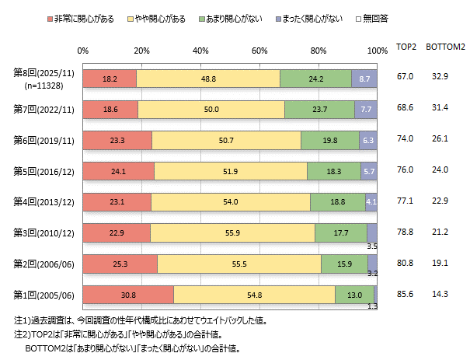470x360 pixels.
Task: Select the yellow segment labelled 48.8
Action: [208, 79]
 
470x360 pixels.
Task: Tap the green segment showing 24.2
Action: [315, 79]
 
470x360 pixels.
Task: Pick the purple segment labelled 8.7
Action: [364, 79]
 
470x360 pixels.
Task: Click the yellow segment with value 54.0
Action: [230, 202]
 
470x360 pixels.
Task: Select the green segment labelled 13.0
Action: [354, 295]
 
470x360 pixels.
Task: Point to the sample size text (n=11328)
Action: [46, 85]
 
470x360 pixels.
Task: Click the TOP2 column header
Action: [407, 47]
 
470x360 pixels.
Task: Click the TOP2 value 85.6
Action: [405, 295]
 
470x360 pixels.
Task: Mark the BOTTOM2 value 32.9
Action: [441, 79]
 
